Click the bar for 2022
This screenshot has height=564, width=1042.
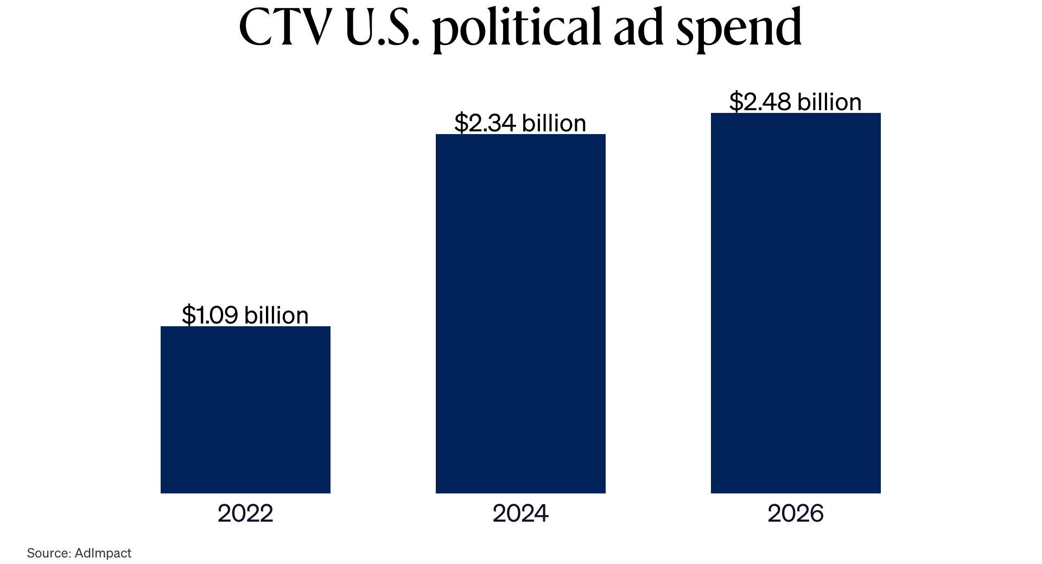pos(245,409)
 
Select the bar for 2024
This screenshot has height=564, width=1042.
pos(520,313)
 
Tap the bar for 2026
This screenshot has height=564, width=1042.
pos(796,303)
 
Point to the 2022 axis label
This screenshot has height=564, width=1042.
pos(245,514)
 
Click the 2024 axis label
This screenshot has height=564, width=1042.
pos(520,514)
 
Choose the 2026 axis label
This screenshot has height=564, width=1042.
pos(796,514)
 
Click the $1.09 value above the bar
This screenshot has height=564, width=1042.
pos(210,315)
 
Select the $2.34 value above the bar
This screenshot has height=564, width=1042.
pos(485,123)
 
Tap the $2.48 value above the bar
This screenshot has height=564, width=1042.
pos(760,102)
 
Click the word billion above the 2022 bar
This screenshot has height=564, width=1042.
pos(276,315)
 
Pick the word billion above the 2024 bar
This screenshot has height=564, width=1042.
pos(554,123)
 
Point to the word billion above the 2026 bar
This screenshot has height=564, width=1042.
pos(829,102)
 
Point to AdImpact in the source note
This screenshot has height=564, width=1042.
pos(103,553)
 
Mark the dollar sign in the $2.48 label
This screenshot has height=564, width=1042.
pos(735,102)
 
